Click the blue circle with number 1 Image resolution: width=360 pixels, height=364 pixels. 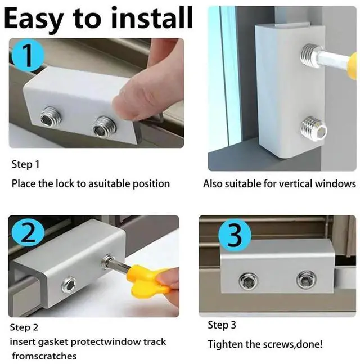(x=28, y=56)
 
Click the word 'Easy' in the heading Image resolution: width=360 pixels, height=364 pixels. (x=34, y=20)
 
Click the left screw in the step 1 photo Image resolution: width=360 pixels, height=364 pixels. (x=49, y=118)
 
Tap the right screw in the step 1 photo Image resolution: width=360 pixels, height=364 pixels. (x=104, y=127)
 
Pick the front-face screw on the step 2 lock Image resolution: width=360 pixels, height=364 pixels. (x=70, y=285)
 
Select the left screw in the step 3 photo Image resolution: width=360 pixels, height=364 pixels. (x=249, y=281)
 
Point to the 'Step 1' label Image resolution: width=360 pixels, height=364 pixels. (x=25, y=164)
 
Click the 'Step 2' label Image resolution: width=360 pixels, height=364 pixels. (x=24, y=327)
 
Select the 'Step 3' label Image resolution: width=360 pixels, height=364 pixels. (x=222, y=325)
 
